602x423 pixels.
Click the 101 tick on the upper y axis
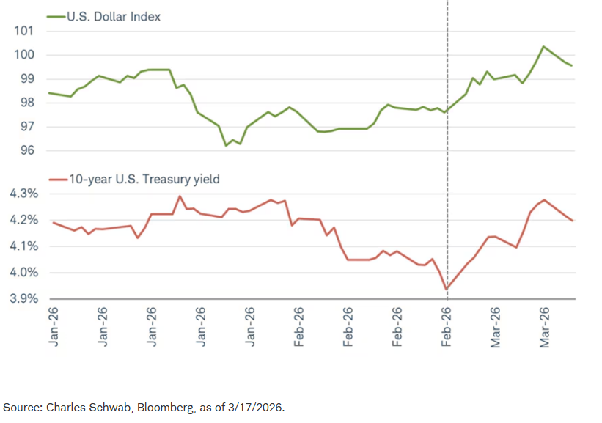point(23,31)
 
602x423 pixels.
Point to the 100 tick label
point(23,55)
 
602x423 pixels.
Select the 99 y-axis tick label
point(26,79)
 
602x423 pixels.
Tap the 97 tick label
point(26,127)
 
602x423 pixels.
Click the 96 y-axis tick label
point(26,151)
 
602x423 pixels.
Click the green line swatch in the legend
point(56,16)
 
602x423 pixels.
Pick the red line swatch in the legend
point(56,179)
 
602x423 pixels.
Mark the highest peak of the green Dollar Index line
point(543,47)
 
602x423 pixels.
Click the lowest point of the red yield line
point(447,288)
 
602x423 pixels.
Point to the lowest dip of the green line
point(226,145)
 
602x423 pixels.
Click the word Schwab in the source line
point(111,407)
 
